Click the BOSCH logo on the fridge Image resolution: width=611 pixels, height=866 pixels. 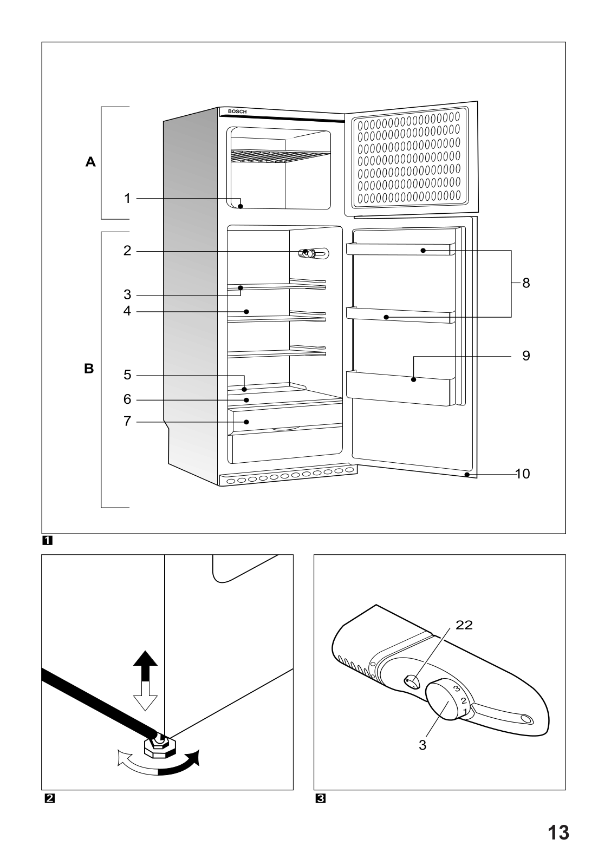point(237,111)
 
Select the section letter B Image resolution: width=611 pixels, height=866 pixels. point(89,369)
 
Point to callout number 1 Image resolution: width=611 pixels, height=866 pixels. point(127,199)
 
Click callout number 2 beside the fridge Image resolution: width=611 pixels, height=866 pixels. point(127,251)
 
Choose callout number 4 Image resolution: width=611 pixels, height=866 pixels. point(127,311)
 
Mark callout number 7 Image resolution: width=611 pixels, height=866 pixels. point(127,421)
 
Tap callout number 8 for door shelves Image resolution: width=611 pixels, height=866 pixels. point(526,283)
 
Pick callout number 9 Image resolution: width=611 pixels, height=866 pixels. point(526,356)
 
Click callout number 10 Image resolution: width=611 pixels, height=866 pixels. point(522,474)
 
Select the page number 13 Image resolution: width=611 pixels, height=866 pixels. point(557,832)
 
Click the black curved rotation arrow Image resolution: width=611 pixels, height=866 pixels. point(181,764)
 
